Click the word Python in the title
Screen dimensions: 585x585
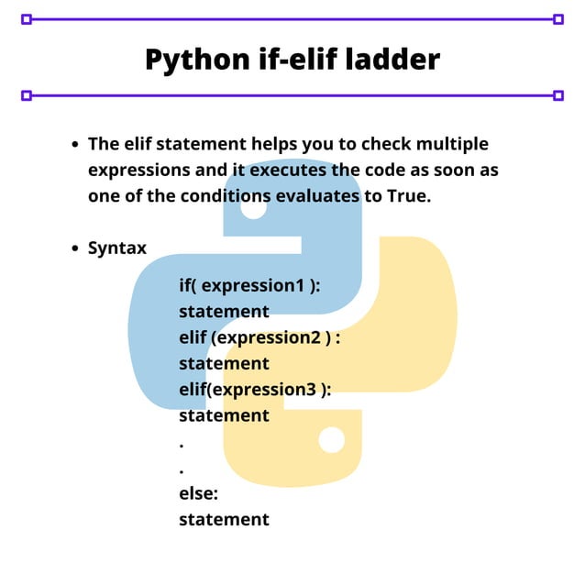click(x=193, y=60)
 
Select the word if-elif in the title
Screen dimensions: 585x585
click(x=290, y=60)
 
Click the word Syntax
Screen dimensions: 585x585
click(x=117, y=248)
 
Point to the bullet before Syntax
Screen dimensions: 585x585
click(x=76, y=248)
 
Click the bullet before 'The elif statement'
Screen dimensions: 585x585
click(x=76, y=145)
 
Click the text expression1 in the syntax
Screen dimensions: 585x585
click(x=252, y=285)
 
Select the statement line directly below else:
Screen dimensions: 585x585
click(x=224, y=519)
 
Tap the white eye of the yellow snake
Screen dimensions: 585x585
click(x=331, y=440)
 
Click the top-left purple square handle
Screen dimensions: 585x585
click(x=26, y=18)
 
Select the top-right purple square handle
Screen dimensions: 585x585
click(x=558, y=18)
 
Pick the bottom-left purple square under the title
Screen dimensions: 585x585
click(x=26, y=94)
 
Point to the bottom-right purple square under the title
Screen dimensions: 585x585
click(x=558, y=94)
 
